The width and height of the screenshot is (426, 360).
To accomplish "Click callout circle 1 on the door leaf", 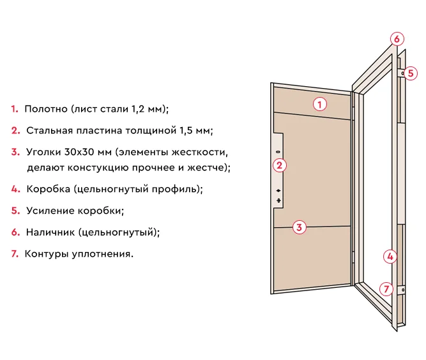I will (x=320, y=103).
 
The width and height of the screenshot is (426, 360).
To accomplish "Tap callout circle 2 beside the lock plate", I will (x=279, y=166).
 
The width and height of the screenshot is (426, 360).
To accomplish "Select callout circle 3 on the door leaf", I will (x=299, y=227).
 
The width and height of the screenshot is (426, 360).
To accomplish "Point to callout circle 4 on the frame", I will (x=390, y=257).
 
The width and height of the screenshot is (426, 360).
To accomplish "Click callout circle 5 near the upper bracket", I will (x=411, y=73).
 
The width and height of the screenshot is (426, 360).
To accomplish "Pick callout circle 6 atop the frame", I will (x=397, y=39).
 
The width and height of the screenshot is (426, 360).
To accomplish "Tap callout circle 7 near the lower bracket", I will (x=386, y=289).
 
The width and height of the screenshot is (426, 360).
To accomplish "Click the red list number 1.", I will (x=14, y=109).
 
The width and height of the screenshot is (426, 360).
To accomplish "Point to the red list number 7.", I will (x=15, y=254).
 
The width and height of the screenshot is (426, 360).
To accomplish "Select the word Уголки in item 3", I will (x=42, y=153).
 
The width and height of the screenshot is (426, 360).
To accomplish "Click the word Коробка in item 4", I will (x=48, y=190).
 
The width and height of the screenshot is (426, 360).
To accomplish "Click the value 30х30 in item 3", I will (x=77, y=153).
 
